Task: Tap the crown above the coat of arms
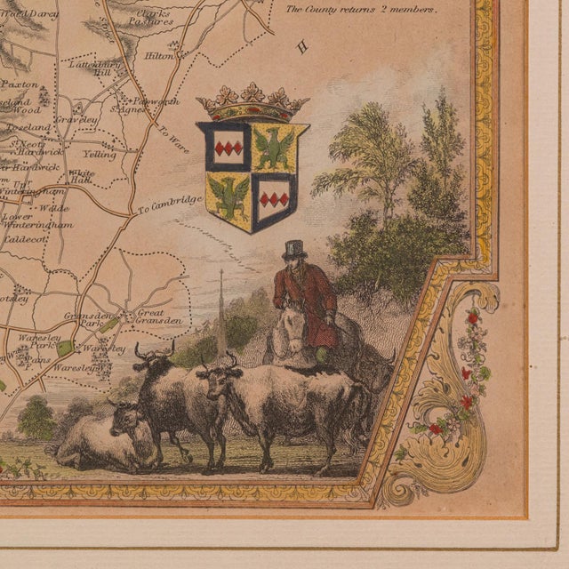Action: [x=252, y=103]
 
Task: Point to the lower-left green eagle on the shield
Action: [x=229, y=196]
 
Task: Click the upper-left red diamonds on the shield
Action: [x=228, y=146]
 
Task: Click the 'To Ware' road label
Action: [x=170, y=137]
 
